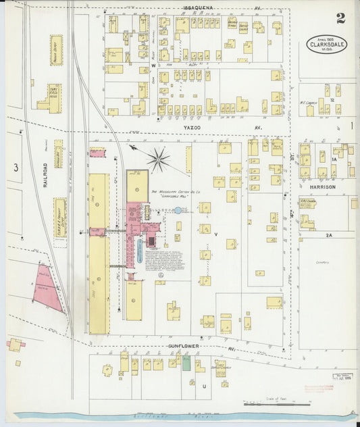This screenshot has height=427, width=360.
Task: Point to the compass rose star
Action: pos(158,159)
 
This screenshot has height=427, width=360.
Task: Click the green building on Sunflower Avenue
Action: pos(186,363)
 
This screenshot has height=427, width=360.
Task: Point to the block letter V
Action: pos(216,234)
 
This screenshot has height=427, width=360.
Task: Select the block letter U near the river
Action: pos(204,386)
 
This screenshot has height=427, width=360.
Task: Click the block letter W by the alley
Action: pos(153,66)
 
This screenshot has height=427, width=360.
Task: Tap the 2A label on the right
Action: pos(329,234)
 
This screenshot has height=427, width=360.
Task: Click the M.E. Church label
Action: pos(310,103)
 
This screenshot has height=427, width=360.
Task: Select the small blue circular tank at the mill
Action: pos(178,211)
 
